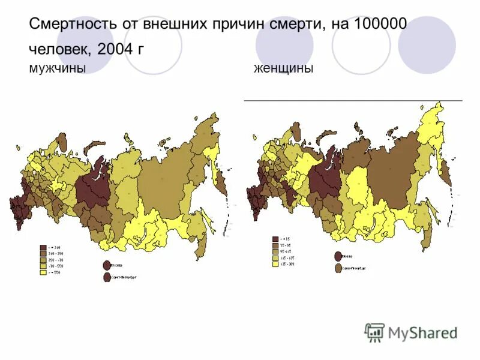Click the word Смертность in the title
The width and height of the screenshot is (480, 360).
(72, 25)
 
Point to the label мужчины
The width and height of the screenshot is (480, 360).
(56, 69)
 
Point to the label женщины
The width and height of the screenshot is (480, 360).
(283, 69)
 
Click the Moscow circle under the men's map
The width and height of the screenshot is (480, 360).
(107, 265)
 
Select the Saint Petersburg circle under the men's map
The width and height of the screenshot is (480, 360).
(107, 277)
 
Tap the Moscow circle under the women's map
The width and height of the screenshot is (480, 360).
(338, 256)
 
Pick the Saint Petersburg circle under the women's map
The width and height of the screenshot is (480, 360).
(338, 268)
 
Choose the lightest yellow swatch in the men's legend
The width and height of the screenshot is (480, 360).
(43, 272)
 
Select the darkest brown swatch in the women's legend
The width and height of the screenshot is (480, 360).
(275, 239)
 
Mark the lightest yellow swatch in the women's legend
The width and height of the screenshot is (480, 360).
(275, 264)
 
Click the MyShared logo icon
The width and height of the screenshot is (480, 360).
(375, 332)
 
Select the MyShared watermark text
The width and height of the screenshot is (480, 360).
(423, 332)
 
